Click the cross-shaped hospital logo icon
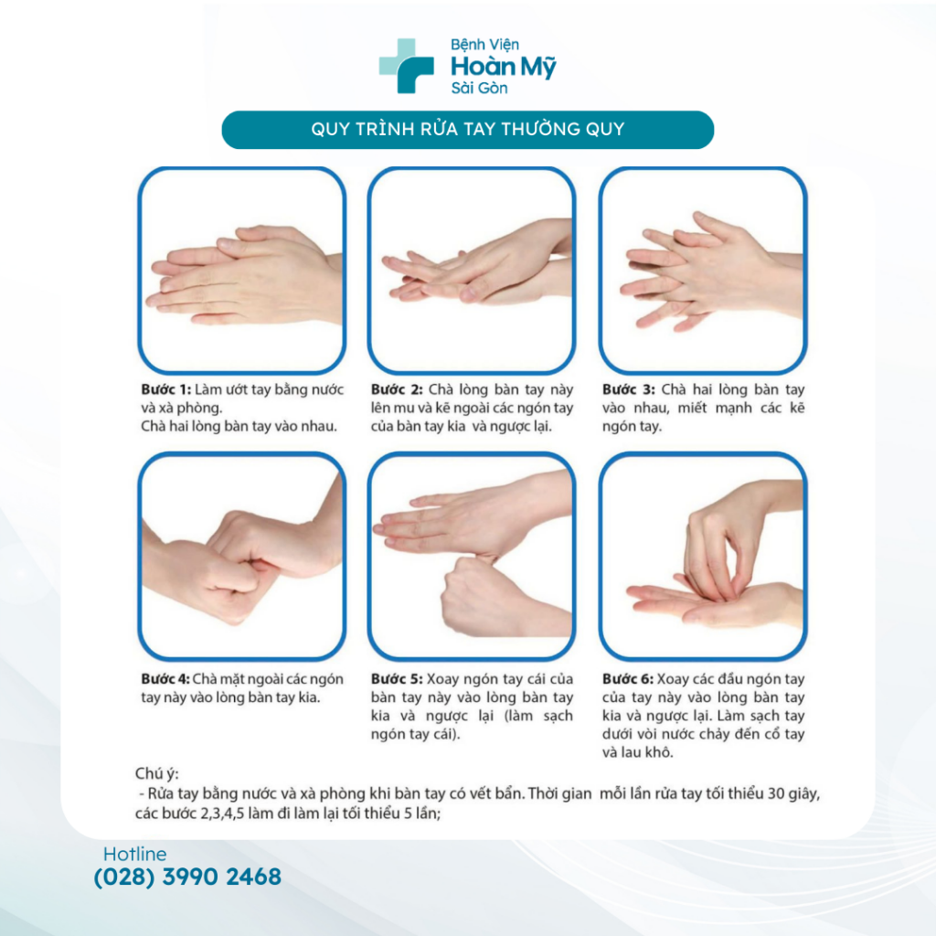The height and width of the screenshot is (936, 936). tap(406, 66)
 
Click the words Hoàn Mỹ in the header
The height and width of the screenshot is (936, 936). tap(504, 67)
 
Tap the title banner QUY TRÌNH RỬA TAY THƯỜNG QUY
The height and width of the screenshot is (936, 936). tap(467, 130)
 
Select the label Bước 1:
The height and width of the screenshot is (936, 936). tap(166, 389)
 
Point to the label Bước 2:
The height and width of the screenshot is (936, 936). tap(397, 389)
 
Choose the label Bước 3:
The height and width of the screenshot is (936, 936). tap(628, 389)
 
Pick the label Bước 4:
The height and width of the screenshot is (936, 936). tap(165, 679)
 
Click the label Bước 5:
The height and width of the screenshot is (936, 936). tap(397, 679)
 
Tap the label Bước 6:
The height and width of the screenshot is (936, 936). tap(627, 679)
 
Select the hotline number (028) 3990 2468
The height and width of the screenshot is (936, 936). tap(187, 877)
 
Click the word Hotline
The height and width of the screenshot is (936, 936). tap(135, 854)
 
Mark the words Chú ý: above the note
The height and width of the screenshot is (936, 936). tap(157, 774)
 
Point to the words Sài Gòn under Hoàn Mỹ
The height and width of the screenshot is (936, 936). tap(479, 89)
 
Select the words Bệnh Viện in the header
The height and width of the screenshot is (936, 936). tap(484, 45)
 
